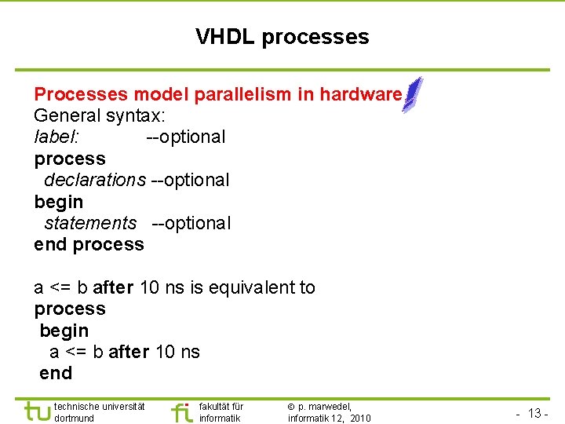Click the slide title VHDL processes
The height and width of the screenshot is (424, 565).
282,37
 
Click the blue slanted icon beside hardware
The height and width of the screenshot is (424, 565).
413,95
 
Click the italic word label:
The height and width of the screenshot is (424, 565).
56,137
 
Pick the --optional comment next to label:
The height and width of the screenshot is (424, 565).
186,137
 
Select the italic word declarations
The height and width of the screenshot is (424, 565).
95,180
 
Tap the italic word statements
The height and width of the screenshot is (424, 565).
90,223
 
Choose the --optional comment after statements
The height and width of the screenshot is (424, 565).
191,223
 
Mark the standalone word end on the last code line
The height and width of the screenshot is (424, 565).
56,373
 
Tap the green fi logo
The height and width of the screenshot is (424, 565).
181,411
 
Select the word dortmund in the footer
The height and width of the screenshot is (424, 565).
75,419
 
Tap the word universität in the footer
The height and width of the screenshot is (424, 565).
122,406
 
